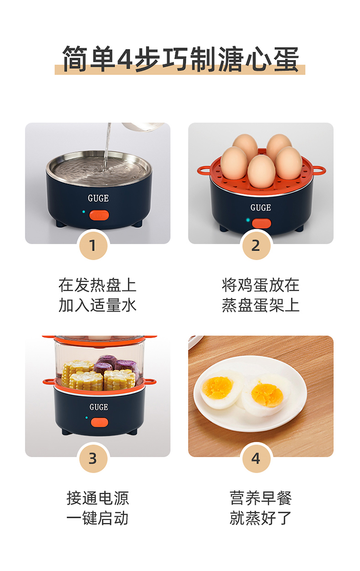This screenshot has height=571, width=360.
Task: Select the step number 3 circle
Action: click(x=93, y=458)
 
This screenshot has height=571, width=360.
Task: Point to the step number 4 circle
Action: click(x=256, y=458)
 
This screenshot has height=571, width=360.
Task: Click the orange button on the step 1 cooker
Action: click(x=99, y=215)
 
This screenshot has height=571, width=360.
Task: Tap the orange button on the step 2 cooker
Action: click(x=261, y=223)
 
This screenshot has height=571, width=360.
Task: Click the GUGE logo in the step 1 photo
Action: click(x=98, y=198)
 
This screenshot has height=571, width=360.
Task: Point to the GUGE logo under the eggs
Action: click(x=261, y=207)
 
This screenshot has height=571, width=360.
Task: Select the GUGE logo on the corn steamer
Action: click(x=99, y=407)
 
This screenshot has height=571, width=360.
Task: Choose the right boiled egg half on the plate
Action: click(x=265, y=395)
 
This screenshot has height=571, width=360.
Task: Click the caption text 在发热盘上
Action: click(x=97, y=285)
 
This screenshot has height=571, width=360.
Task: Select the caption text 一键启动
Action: click(x=97, y=519)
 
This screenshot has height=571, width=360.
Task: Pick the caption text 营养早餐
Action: click(x=261, y=498)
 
